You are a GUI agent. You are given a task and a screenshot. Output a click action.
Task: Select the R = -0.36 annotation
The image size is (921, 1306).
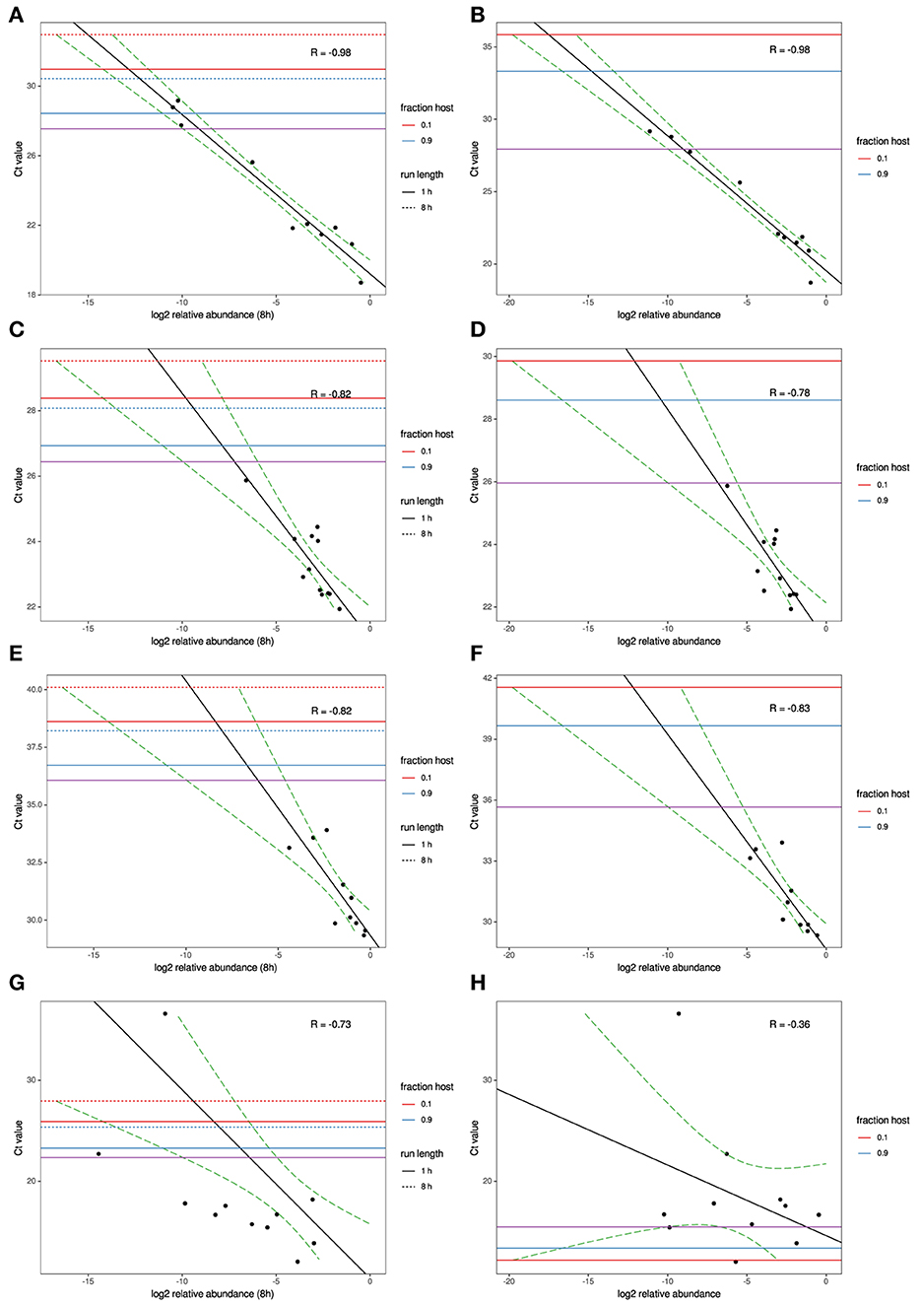pos(789,1025)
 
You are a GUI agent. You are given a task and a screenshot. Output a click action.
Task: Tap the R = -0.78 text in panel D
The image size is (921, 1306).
pos(789,393)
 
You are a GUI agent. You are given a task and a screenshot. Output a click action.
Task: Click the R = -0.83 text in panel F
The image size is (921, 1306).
pos(789,708)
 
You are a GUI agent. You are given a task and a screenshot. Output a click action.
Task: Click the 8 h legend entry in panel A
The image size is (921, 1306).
pos(426,208)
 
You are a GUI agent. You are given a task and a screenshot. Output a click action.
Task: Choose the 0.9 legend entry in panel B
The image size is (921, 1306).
pos(882,173)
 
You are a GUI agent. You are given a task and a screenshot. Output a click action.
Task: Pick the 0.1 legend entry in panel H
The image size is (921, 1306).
pos(882,1136)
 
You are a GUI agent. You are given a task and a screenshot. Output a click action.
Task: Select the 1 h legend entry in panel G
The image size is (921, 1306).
pos(426,1171)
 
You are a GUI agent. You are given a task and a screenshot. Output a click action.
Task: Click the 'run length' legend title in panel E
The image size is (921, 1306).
pos(422,828)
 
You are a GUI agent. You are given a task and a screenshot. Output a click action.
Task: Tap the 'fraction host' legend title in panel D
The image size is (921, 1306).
pos(883,467)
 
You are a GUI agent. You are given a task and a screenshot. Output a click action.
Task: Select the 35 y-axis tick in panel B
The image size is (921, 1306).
pos(488,46)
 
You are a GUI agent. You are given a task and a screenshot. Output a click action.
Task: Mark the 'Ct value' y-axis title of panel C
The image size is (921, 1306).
pos(18,484)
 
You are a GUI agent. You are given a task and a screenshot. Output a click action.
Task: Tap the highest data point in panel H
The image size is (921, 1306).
pos(679,1013)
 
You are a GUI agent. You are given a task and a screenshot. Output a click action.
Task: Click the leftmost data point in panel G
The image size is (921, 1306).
pos(99,1153)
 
